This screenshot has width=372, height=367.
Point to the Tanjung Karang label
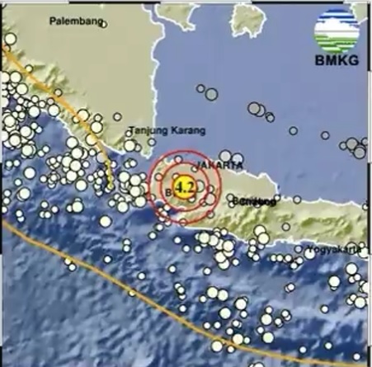tap(167, 129)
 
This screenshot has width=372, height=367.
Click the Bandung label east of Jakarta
tap(252, 200)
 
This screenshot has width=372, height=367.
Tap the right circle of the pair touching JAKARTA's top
tap(237, 157)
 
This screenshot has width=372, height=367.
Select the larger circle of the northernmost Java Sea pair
tap(211, 93)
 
